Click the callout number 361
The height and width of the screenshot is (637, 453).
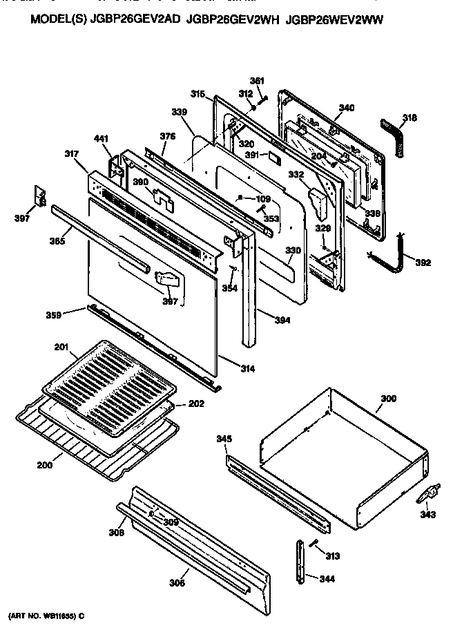pos(257,81)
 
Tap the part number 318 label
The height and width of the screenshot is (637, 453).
pos(409,118)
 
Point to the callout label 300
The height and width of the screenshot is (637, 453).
pos(389,399)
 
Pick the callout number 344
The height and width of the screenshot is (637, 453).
pos(327,578)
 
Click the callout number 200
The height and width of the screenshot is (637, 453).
pos(44,465)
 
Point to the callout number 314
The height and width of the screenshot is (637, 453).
pos(247,369)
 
